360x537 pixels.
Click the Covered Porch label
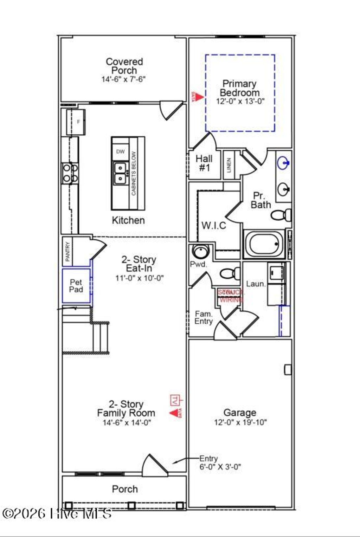pyautogui.click(x=124, y=66)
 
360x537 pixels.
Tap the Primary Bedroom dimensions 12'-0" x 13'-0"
pyautogui.click(x=240, y=101)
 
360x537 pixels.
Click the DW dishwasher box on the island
pyautogui.click(x=120, y=152)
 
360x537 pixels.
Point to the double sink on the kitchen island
pyautogui.click(x=120, y=173)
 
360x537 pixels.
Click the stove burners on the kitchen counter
pyautogui.click(x=70, y=173)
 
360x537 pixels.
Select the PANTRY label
pyautogui.click(x=67, y=251)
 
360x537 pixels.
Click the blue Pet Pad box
pyautogui.click(x=76, y=286)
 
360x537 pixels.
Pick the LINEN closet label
pyautogui.click(x=229, y=165)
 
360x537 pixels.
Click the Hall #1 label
pyautogui.click(x=204, y=163)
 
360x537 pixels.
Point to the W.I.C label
pyautogui.click(x=214, y=225)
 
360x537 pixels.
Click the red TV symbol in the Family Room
pyautogui.click(x=175, y=400)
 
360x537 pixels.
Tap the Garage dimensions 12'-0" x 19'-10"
pyautogui.click(x=240, y=422)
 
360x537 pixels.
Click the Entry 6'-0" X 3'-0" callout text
pyautogui.click(x=220, y=462)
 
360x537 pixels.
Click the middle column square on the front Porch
pyautogui.click(x=131, y=505)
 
